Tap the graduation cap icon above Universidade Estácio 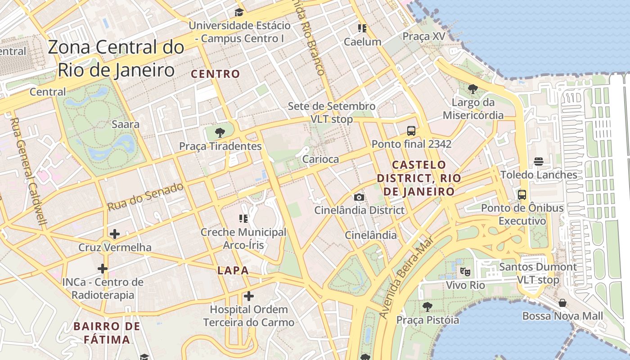[x=239, y=12]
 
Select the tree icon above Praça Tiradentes [x=220, y=132]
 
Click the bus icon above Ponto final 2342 [x=411, y=131]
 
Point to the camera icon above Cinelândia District [x=359, y=197]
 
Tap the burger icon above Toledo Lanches [x=539, y=162]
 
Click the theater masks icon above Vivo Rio [x=465, y=271]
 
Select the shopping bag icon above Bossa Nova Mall [x=562, y=303]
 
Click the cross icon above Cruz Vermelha [x=115, y=234]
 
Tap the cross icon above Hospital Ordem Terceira [x=248, y=296]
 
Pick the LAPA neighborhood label [x=233, y=270]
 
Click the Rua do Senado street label [x=146, y=197]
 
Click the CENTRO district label [x=216, y=74]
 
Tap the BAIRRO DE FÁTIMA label [x=107, y=333]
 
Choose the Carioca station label [x=320, y=159]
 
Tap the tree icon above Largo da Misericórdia [x=472, y=89]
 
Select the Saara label [x=125, y=124]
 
